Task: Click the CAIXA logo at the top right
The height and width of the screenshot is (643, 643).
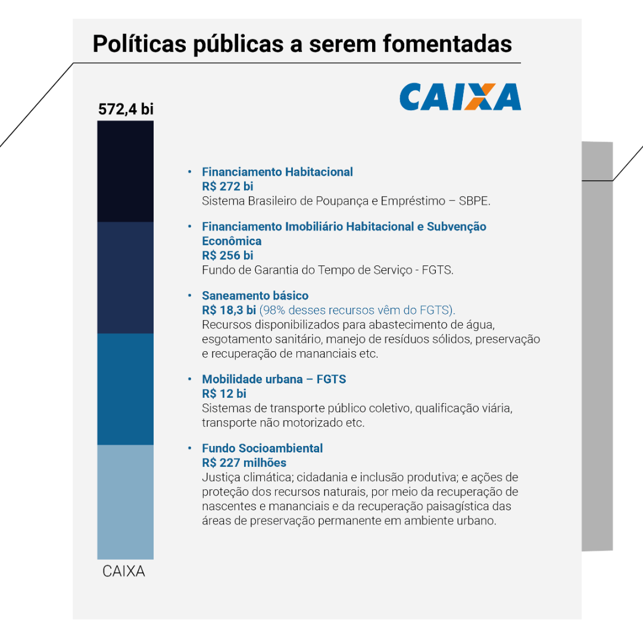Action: tap(460, 97)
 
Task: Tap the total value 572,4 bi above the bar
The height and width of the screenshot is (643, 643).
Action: tap(126, 109)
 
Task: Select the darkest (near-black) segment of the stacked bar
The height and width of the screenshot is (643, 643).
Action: tap(126, 171)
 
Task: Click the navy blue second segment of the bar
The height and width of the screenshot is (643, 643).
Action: tap(126, 277)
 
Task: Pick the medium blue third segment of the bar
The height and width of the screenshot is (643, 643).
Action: tap(126, 389)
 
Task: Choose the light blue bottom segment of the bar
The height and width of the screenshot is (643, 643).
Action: tap(126, 501)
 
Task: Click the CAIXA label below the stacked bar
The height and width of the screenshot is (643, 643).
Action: tap(124, 572)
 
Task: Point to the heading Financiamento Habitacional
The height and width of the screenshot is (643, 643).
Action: tap(277, 172)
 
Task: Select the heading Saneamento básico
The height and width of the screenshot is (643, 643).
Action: tap(255, 296)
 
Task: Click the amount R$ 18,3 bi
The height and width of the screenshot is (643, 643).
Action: tap(229, 310)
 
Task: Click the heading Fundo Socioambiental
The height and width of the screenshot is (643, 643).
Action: tap(263, 448)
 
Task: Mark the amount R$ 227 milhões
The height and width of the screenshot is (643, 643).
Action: tap(244, 463)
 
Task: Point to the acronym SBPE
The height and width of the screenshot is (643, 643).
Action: tap(474, 201)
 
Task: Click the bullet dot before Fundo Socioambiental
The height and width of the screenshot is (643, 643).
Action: tap(190, 448)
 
